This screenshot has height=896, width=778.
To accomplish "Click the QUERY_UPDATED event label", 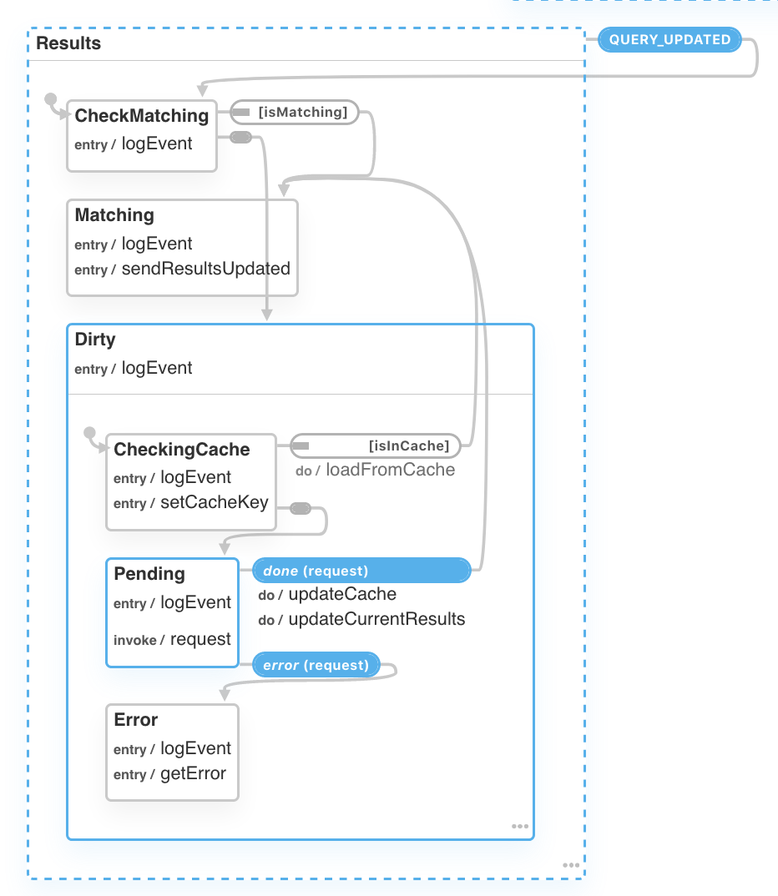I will tap(669, 40).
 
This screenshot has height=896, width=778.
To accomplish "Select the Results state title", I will tap(68, 43).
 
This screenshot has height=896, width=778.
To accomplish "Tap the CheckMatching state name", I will tap(141, 116).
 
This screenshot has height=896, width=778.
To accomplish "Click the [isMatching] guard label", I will tap(302, 112).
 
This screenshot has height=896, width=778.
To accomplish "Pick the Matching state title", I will tap(114, 215).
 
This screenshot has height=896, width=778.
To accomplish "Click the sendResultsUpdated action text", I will tap(205, 269).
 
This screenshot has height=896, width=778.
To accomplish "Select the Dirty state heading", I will tap(95, 340).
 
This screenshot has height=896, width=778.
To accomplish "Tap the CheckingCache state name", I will tap(181, 450).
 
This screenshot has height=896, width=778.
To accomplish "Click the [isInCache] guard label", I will tap(408, 446).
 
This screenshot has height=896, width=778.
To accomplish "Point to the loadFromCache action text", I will tap(390, 470).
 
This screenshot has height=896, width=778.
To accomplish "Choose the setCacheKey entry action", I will tap(215, 502).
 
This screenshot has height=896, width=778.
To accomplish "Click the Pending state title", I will tap(149, 574).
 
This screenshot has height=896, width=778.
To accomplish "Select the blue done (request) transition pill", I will tap(361, 571).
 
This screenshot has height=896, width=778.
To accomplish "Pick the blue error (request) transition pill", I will tap(316, 665).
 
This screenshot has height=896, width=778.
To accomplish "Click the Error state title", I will tap(135, 720).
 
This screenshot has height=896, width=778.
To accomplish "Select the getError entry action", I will tap(193, 773).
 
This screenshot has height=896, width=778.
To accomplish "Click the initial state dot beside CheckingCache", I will tap(90, 433).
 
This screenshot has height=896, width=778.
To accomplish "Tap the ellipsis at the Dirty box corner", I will tap(520, 827).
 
